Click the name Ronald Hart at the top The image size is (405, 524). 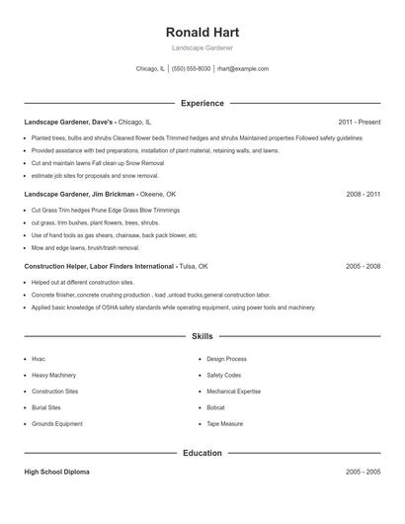pyautogui.click(x=202, y=32)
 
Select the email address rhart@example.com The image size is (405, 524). pyautogui.click(x=242, y=69)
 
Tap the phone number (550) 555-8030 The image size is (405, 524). pyautogui.click(x=191, y=69)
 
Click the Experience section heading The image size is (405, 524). pyautogui.click(x=202, y=103)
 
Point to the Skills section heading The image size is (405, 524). pyautogui.click(x=202, y=337)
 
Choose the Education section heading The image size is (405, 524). pyautogui.click(x=202, y=453)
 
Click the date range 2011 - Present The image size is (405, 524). pyautogui.click(x=359, y=122)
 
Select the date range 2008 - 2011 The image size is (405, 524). pyautogui.click(x=363, y=195)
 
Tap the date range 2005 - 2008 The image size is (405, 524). pyautogui.click(x=363, y=267)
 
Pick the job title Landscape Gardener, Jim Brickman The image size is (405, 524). pyautogui.click(x=79, y=195)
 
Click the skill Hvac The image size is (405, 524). pyautogui.click(x=39, y=359)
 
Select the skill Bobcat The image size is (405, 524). pyautogui.click(x=215, y=407)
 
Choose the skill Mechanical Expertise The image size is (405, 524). pyautogui.click(x=233, y=392)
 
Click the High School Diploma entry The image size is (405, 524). pyautogui.click(x=56, y=473)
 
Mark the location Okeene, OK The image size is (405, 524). pyautogui.click(x=158, y=195)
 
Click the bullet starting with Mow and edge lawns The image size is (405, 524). pyautogui.click(x=87, y=247)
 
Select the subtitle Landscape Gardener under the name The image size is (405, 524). pyautogui.click(x=202, y=47)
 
